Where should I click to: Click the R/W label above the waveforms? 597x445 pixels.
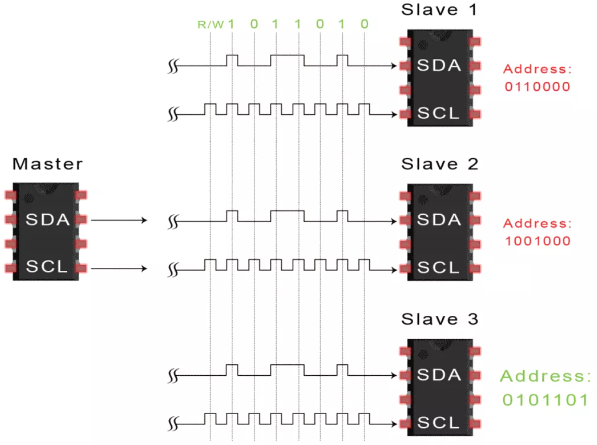point(210,24)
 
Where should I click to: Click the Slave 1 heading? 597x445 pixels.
point(440,9)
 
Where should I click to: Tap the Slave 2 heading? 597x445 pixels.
point(440,164)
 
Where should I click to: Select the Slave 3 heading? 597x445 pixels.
point(440,319)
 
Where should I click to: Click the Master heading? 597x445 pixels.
point(47,164)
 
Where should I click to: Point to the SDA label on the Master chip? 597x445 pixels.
point(47,220)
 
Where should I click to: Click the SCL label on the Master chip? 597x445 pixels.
point(47,268)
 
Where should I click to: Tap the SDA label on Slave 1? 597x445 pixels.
point(439,66)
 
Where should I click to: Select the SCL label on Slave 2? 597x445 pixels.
point(439,268)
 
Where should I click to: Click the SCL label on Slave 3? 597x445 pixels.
point(439,423)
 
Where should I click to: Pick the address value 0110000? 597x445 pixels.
point(538,86)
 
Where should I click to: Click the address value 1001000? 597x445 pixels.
point(538,241)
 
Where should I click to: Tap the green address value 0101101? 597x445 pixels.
point(545,400)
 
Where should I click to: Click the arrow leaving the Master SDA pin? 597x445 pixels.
point(119,220)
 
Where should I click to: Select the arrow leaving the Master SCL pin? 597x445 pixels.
point(119,269)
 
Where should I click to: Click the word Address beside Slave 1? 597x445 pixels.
point(537,69)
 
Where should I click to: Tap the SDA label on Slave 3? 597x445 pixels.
point(439,375)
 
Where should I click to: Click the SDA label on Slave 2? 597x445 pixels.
point(439,220)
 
